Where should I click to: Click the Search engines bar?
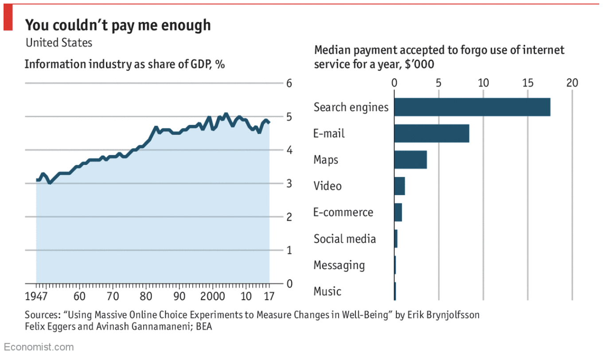point(472,107)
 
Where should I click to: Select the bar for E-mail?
point(431,133)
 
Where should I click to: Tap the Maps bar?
point(410,160)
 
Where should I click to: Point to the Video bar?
point(399,186)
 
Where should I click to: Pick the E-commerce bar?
point(398,212)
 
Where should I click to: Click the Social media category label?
point(344,239)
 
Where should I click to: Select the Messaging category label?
point(339,265)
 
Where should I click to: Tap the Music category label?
point(327,291)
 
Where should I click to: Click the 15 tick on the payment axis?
point(528,83)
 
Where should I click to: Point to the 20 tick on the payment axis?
point(572,83)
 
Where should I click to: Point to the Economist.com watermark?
point(39,347)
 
